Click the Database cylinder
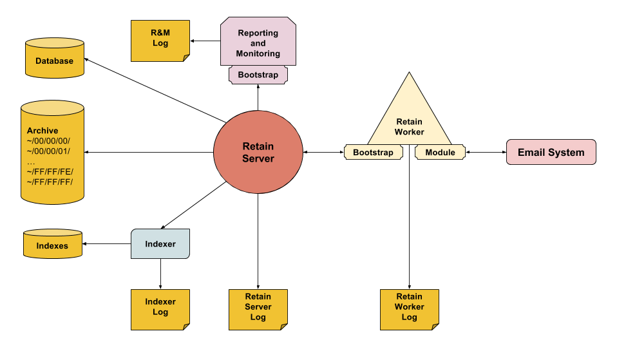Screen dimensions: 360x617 (x=55, y=59)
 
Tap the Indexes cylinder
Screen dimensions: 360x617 (x=52, y=244)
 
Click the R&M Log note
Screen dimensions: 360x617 (x=160, y=41)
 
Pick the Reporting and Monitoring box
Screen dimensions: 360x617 (x=258, y=42)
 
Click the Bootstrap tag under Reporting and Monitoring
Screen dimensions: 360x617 (x=258, y=75)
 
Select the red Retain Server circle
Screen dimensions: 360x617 (x=258, y=152)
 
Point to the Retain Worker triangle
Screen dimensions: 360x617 (x=410, y=119)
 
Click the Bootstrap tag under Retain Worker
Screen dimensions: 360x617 (x=374, y=153)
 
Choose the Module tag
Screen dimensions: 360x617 (x=440, y=153)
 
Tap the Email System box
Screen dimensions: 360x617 (x=551, y=152)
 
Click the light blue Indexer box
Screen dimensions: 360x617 (x=160, y=244)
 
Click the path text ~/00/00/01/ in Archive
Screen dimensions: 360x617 (x=48, y=151)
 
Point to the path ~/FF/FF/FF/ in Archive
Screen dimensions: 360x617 (x=50, y=181)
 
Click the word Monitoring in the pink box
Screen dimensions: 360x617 (x=258, y=53)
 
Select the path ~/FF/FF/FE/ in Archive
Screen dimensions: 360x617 (x=50, y=171)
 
